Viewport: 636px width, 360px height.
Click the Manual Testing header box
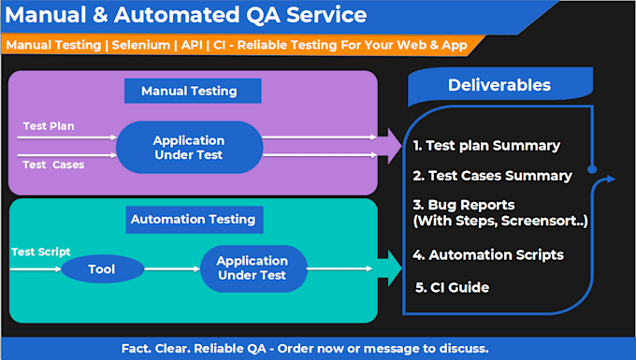pyautogui.click(x=193, y=91)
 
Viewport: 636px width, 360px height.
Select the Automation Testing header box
pyautogui.click(x=195, y=220)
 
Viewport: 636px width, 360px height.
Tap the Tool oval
pyautogui.click(x=103, y=268)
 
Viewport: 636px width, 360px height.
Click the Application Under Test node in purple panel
pyautogui.click(x=190, y=147)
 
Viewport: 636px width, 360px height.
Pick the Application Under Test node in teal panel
pyautogui.click(x=253, y=268)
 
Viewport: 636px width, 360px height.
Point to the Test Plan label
pyautogui.click(x=49, y=126)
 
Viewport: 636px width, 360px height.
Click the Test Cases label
pyautogui.click(x=53, y=165)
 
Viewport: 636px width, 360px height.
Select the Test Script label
pyautogui.click(x=41, y=252)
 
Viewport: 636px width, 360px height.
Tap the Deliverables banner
pyautogui.click(x=500, y=85)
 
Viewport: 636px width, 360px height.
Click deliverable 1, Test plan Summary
pyautogui.click(x=486, y=146)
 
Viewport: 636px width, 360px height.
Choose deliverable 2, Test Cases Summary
pyautogui.click(x=492, y=176)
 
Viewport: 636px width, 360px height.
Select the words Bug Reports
pyautogui.click(x=471, y=205)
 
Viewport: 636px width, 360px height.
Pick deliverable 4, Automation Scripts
pyautogui.click(x=488, y=254)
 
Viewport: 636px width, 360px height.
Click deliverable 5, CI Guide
pyautogui.click(x=453, y=287)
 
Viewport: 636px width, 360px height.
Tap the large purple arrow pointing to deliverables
pyautogui.click(x=389, y=146)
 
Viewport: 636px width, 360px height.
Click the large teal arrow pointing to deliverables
pyautogui.click(x=389, y=268)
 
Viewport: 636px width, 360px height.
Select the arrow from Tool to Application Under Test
pyautogui.click(x=172, y=268)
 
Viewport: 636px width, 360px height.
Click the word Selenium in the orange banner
pyautogui.click(x=140, y=45)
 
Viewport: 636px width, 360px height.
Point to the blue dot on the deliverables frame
pyautogui.click(x=592, y=169)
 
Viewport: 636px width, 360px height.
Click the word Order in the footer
pyautogui.click(x=296, y=348)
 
